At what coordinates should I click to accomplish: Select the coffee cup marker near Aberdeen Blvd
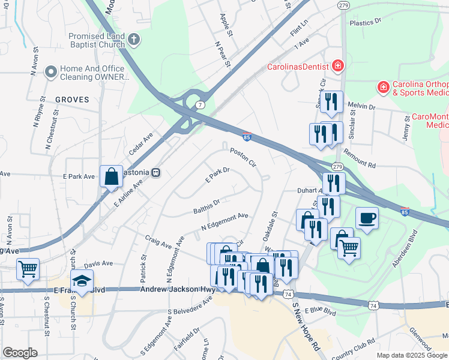pos(366,219)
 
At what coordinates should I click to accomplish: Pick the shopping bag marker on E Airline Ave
pos(112,177)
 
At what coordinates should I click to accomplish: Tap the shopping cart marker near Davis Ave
pos(28,270)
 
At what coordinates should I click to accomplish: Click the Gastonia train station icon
pos(155,172)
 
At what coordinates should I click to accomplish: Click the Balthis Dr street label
pos(207,208)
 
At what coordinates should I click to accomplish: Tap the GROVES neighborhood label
pos(72,100)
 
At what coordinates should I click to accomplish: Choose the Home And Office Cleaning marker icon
pos(50,73)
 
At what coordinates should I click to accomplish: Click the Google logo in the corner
pos(20,353)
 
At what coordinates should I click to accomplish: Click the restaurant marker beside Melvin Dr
pos(331,102)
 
